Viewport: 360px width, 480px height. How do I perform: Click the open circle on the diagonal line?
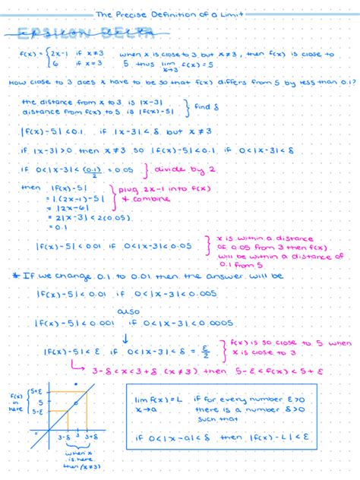(75, 402)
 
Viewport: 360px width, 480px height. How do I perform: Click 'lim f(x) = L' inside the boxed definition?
(157, 399)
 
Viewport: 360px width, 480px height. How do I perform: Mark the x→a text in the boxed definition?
(146, 409)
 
